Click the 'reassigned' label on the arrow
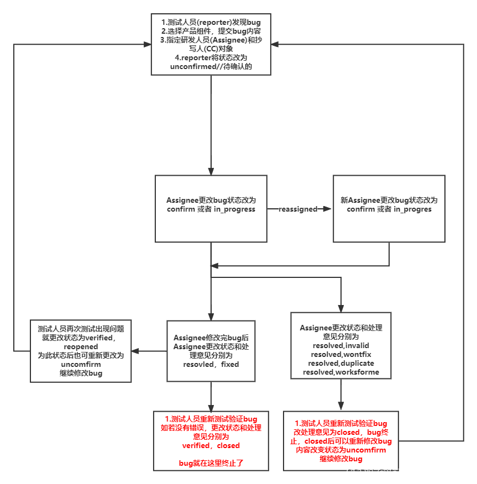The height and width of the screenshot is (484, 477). click(x=298, y=209)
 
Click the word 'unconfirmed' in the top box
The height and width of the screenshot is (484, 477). click(x=193, y=67)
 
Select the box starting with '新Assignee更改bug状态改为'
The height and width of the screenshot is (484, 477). click(x=389, y=209)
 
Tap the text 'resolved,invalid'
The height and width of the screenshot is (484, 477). click(x=340, y=345)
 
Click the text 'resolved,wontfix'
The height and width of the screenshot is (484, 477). click(x=340, y=354)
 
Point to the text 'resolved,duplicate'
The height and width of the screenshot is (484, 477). click(x=341, y=363)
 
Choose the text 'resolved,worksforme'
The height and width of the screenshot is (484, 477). click(x=341, y=372)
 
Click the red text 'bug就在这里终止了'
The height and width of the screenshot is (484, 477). click(x=211, y=463)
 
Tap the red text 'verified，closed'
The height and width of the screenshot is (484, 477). click(x=211, y=445)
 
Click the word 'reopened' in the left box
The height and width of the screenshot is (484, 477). click(x=81, y=346)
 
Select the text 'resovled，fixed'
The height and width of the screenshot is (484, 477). click(x=211, y=364)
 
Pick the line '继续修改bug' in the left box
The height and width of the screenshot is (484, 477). click(x=81, y=373)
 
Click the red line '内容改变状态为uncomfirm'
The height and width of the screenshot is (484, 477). click(x=340, y=450)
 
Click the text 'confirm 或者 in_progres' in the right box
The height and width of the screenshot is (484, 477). click(x=389, y=209)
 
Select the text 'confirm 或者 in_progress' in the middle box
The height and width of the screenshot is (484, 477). click(x=211, y=209)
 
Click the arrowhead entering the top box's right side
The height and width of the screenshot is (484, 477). click(x=275, y=44)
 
